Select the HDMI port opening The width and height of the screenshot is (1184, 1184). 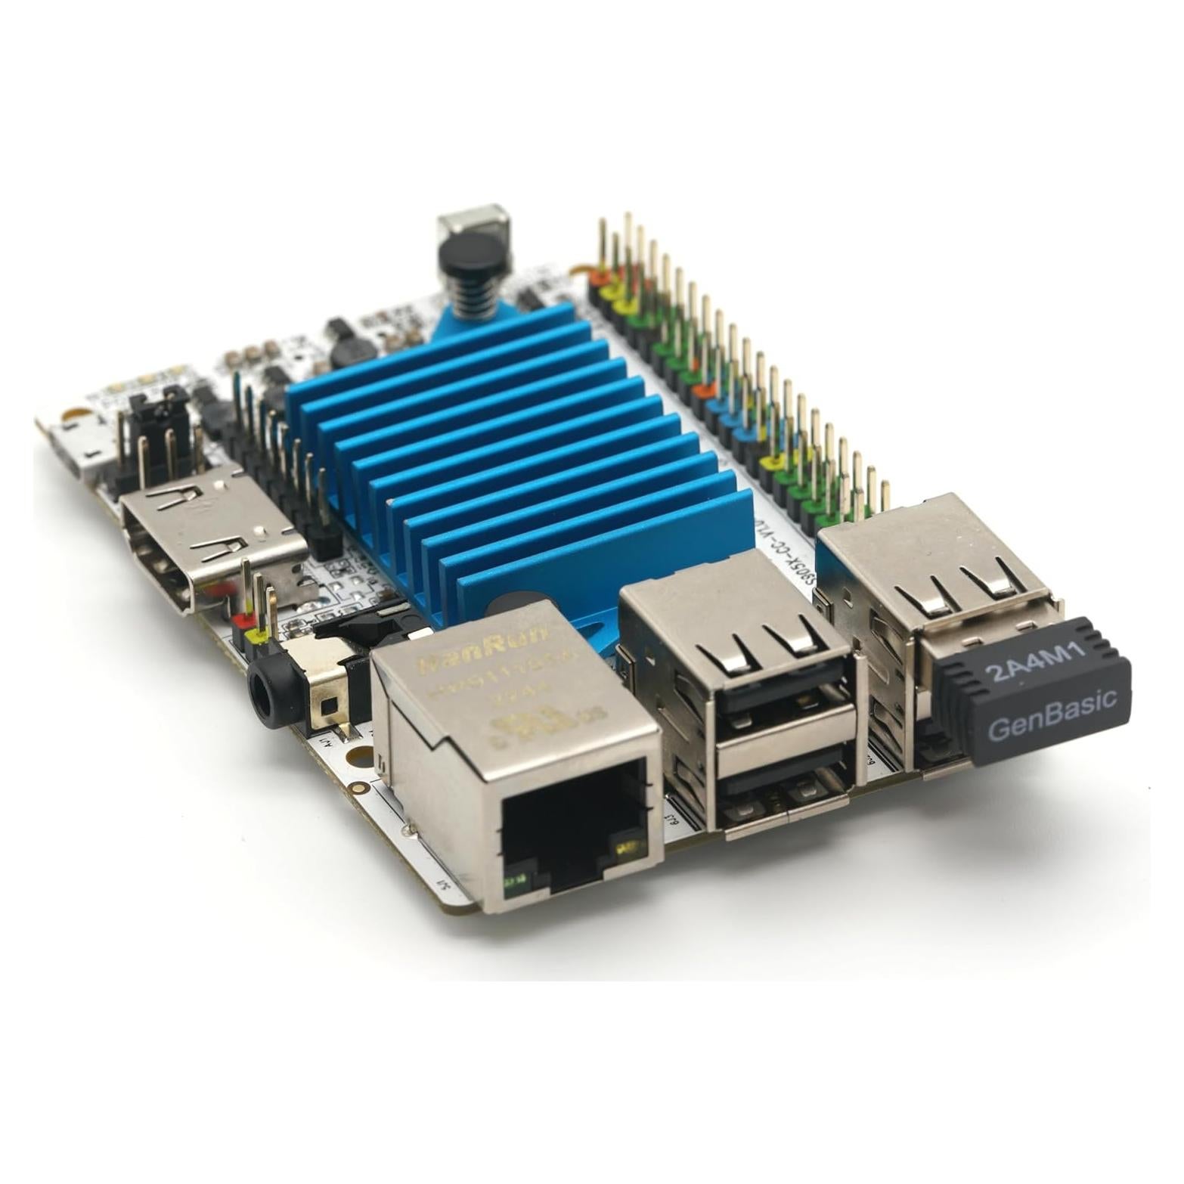point(163,552)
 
